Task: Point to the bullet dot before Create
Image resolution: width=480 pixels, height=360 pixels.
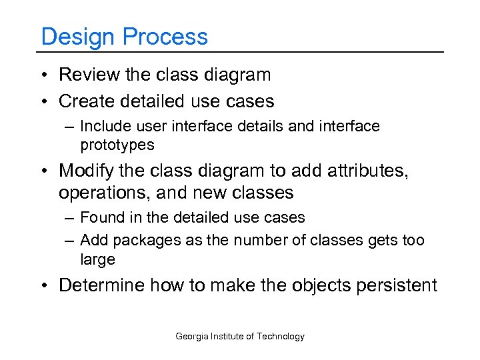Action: (x=44, y=101)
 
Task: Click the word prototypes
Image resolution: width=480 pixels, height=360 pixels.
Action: (x=117, y=145)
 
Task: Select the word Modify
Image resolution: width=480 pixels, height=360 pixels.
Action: (x=89, y=171)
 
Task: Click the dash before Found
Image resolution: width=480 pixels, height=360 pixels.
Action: (x=69, y=218)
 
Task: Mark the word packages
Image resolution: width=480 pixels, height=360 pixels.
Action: (x=145, y=240)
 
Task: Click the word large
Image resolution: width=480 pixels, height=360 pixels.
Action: (x=97, y=259)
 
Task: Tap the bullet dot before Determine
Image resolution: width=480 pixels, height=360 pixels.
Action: (x=44, y=286)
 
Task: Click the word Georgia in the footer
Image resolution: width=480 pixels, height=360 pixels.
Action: (x=192, y=337)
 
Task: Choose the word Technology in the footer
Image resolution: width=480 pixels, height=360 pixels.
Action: (x=280, y=337)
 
